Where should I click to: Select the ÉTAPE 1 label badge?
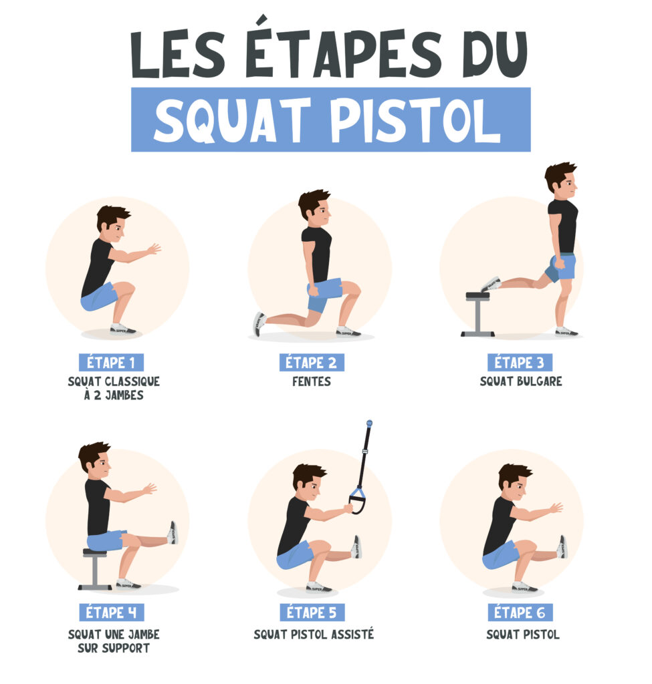point(111,363)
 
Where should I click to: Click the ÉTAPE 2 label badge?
point(311,363)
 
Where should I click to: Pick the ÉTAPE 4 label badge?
point(111,612)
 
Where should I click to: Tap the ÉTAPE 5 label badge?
point(312,612)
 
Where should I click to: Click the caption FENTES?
point(312,382)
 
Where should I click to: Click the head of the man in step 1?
point(111,224)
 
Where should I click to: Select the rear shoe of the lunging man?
point(259,324)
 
